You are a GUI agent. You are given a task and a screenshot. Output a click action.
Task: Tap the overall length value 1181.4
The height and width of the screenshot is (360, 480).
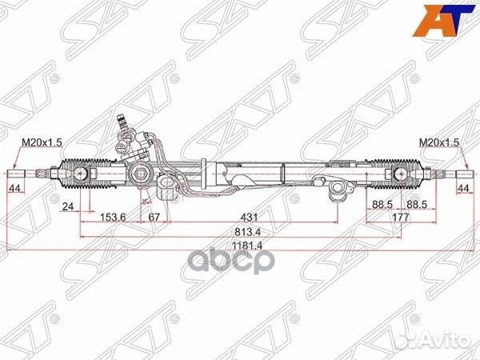tap(239, 247)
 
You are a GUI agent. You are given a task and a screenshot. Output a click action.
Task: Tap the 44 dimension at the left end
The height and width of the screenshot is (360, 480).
tap(14, 188)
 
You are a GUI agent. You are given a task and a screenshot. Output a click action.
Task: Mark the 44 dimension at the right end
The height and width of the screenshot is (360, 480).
tap(464, 188)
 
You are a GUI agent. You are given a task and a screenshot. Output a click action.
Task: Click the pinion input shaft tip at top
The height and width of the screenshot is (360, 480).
tap(122, 120)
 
